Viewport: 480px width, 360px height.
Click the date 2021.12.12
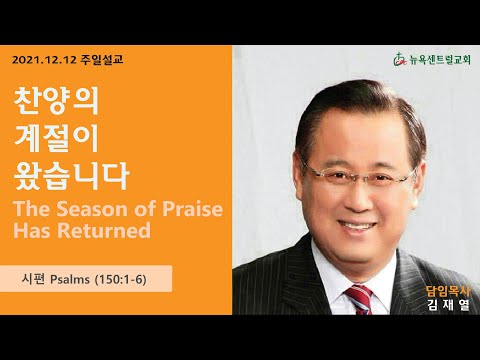(45, 60)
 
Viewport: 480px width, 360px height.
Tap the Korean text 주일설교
(102, 60)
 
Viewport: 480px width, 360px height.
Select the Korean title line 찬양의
(56, 101)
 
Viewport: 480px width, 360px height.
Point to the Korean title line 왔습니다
(71, 176)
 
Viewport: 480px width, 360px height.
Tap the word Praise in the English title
(192, 209)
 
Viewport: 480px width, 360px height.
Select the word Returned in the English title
(104, 231)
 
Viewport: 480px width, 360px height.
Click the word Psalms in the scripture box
(70, 279)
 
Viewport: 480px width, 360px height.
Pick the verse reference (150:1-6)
(121, 279)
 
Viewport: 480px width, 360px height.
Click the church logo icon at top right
(399, 60)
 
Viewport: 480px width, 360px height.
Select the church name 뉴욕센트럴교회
(439, 60)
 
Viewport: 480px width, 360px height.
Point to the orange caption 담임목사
(448, 292)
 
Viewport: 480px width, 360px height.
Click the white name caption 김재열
(448, 305)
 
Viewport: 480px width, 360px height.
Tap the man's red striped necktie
(360, 299)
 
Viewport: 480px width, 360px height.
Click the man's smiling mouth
(357, 227)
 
